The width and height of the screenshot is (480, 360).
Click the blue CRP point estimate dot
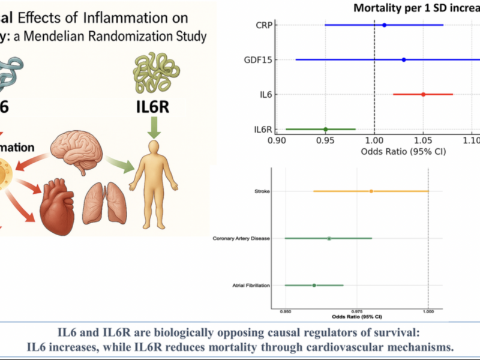(384, 25)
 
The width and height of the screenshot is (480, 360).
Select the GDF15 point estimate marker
(404, 59)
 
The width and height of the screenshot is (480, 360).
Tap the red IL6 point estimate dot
(423, 94)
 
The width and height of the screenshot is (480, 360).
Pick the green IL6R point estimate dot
(325, 129)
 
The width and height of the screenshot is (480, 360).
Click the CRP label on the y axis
(265, 25)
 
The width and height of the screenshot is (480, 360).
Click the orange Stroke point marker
(371, 191)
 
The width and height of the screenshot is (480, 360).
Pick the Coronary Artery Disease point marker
(329, 238)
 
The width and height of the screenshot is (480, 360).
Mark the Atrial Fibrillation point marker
(314, 285)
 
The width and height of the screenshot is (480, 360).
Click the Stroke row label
(262, 191)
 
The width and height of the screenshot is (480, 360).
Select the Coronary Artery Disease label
(241, 238)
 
